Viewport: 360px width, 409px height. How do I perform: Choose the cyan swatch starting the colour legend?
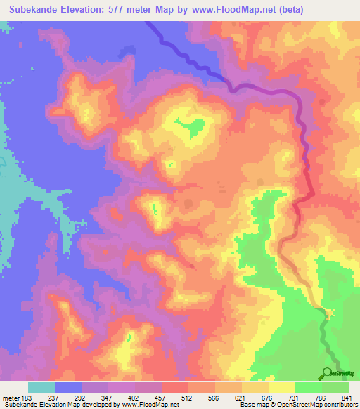(x=41, y=387)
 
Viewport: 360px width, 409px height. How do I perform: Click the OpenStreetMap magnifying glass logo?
(x=328, y=373)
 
